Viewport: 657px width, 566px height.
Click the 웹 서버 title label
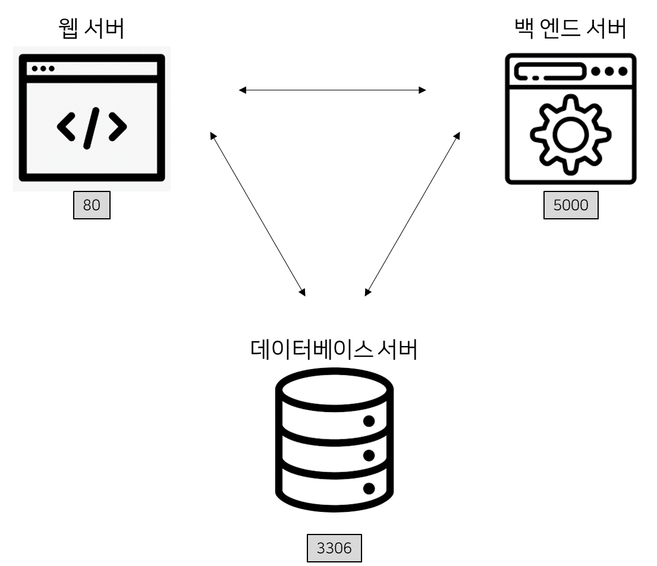coord(92,29)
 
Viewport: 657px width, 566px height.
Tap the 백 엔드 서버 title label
coord(570,29)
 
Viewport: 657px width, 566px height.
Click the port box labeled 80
coord(92,206)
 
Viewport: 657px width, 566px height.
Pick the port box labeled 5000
coord(571,206)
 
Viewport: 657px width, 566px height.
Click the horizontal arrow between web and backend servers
coord(332,90)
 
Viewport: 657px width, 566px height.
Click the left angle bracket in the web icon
coord(67,128)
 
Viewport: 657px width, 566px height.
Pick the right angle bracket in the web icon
coord(117,128)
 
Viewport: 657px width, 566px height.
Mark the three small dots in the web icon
coord(43,68)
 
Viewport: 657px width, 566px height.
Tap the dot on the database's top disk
coord(369,422)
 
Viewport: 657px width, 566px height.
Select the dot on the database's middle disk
coord(369,455)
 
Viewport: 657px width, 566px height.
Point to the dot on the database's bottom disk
coord(369,489)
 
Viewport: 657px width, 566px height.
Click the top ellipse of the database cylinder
coord(335,390)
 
